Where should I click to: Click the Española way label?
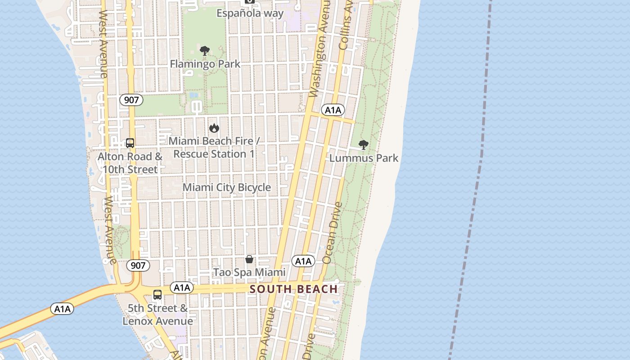(x=250, y=13)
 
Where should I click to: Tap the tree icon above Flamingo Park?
(x=205, y=51)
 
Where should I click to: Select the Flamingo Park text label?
(x=205, y=64)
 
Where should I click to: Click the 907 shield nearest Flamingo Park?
(x=131, y=99)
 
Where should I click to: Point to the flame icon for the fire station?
(x=214, y=128)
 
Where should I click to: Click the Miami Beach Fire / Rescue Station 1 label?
(x=214, y=147)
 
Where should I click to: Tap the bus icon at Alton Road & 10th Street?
(x=130, y=143)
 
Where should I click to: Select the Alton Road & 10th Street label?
(x=130, y=163)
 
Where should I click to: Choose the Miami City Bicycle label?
(x=227, y=187)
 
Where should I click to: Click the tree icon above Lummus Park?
(x=363, y=145)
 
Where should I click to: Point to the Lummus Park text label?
(x=364, y=158)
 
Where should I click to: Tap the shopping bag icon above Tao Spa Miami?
(x=249, y=259)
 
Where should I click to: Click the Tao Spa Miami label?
(x=249, y=272)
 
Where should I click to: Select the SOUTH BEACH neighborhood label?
(x=293, y=289)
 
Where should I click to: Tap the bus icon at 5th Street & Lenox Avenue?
(x=157, y=295)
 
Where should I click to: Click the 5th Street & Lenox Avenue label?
(x=158, y=315)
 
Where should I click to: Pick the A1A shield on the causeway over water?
(x=63, y=309)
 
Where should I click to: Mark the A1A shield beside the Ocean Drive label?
(x=303, y=261)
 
